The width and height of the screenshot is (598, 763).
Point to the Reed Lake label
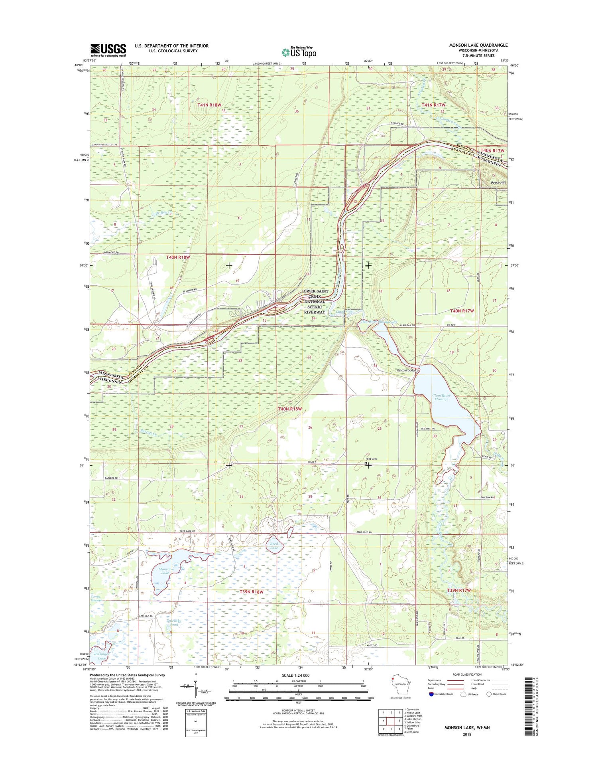(x=274, y=546)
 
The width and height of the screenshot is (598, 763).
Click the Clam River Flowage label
(x=441, y=397)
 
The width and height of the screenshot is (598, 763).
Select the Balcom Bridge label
(x=406, y=370)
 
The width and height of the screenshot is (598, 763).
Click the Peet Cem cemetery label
(x=371, y=459)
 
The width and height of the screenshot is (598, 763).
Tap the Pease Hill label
(x=498, y=183)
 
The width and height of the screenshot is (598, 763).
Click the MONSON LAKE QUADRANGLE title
(x=478, y=45)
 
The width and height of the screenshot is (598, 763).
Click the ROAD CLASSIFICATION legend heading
(x=466, y=674)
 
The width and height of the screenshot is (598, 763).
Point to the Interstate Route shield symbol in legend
(x=431, y=694)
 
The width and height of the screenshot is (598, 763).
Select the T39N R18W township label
(x=250, y=591)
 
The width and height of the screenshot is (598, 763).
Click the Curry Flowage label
(x=97, y=599)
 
